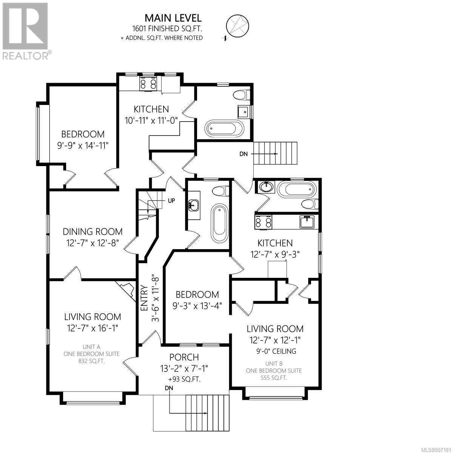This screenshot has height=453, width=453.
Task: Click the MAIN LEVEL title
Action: coord(173,18)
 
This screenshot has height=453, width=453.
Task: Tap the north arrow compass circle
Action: coord(237,25)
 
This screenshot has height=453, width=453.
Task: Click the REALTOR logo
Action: coord(26,31)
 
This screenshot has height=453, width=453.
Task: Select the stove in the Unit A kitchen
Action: coord(148,83)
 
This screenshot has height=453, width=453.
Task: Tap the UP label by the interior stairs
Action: coord(171,201)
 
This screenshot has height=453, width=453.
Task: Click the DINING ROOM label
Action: coord(92,232)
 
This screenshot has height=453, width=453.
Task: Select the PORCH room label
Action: coord(184,357)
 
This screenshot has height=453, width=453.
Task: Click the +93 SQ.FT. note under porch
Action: coord(184,379)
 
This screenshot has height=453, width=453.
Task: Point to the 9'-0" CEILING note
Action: coord(276,351)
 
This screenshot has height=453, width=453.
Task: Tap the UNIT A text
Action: coord(91,347)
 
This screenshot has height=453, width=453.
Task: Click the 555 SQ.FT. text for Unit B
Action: coord(274,378)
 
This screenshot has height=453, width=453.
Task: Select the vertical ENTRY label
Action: coord(143,298)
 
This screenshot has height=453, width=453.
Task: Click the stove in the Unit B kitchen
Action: coord(263,221)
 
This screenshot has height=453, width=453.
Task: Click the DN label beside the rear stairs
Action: coord(243,154)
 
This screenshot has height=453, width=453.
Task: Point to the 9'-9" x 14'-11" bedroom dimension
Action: coord(83,145)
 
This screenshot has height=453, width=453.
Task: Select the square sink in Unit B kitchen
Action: coord(307,222)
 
